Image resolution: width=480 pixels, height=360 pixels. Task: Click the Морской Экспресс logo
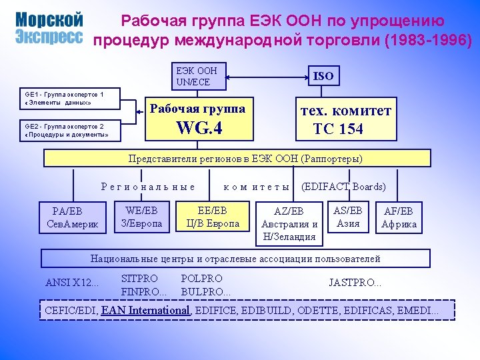(x=49, y=27)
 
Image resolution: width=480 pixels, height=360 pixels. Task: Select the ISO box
(x=323, y=75)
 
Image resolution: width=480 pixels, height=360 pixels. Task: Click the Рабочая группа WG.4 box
(x=199, y=119)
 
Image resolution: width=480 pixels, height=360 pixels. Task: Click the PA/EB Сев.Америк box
(x=73, y=218)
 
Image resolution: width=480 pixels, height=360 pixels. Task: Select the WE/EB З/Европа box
(x=141, y=217)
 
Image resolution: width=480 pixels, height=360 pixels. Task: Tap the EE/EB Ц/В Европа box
(x=213, y=217)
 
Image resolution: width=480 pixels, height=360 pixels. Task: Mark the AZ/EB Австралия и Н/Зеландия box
(x=290, y=223)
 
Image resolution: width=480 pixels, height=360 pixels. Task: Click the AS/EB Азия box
(x=348, y=217)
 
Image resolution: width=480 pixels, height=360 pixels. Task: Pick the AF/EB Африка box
(x=399, y=217)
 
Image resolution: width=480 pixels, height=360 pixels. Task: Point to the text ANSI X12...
(x=71, y=282)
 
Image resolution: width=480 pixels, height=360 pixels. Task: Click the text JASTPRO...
(x=355, y=282)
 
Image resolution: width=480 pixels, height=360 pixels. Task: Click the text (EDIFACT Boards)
(x=344, y=187)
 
